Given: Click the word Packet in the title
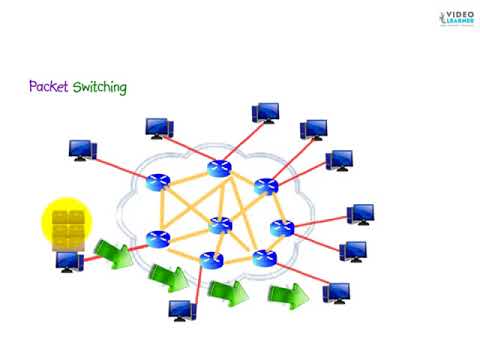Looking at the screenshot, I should point(49,88).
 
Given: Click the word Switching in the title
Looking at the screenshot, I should point(99,89).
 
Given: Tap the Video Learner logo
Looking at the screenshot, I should point(448,19).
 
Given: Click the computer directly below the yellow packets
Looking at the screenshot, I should point(68,263).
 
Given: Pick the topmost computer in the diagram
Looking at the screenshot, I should point(265,112).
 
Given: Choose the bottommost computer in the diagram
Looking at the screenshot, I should point(182,310).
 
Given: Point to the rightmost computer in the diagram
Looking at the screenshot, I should point(360,214).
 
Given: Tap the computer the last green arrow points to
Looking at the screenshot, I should point(335,292).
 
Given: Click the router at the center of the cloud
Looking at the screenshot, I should point(217,224).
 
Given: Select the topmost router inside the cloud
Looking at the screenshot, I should point(217,169).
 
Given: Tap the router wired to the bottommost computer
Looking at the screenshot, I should point(211,260).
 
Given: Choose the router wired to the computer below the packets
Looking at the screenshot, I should point(157,239).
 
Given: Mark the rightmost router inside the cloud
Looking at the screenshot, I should point(281,227).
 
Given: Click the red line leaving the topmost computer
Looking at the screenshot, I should point(245,137).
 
